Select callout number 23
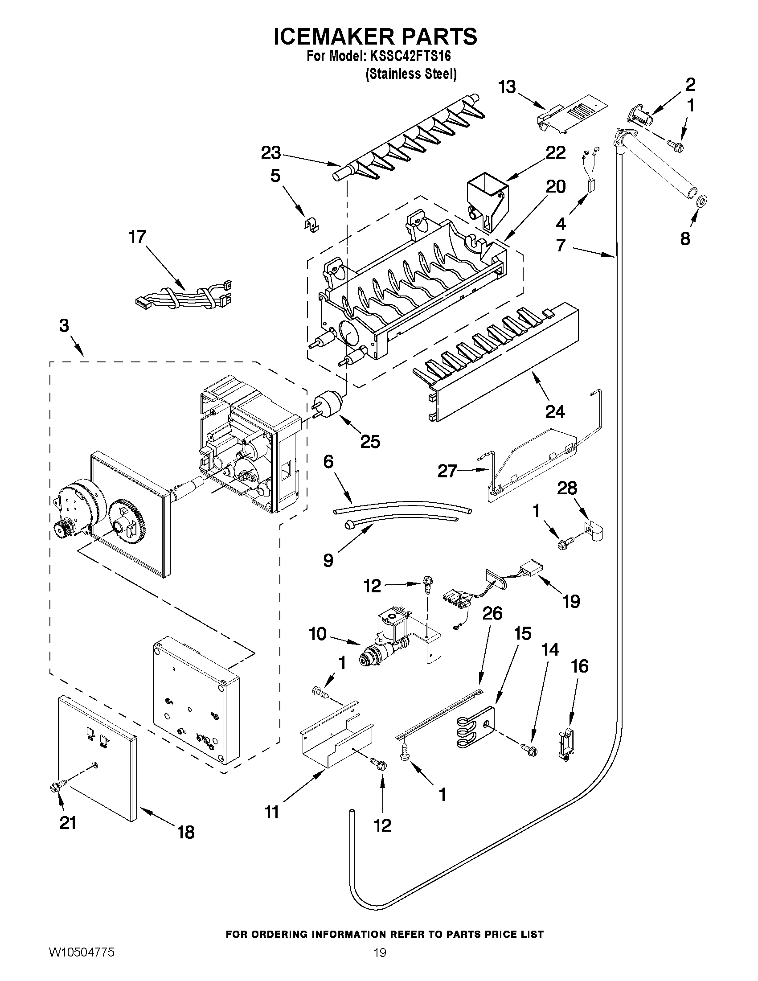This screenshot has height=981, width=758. [271, 153]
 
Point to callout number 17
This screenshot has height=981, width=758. [138, 237]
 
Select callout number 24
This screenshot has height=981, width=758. [556, 411]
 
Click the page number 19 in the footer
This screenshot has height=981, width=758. [380, 965]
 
